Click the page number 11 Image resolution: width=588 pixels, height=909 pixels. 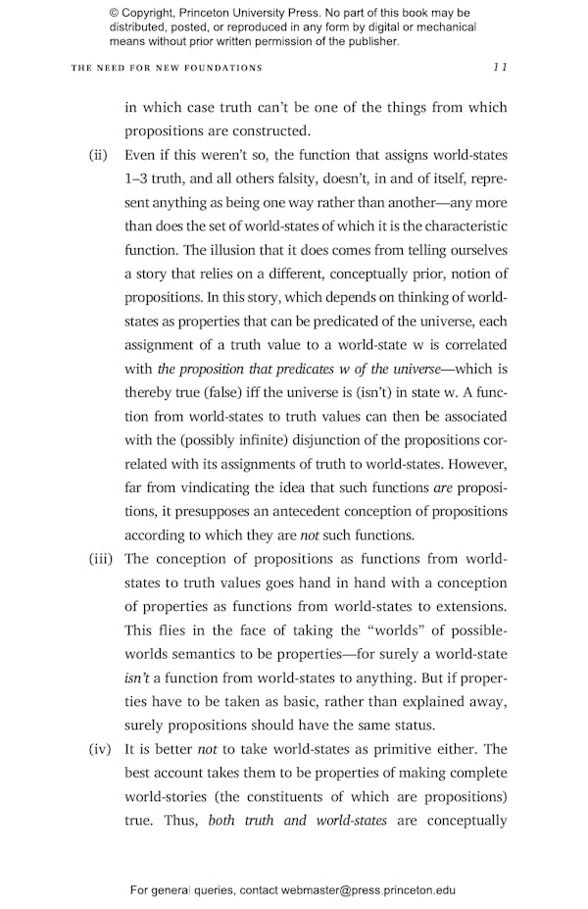click(500, 68)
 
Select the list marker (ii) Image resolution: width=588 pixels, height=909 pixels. click(98, 156)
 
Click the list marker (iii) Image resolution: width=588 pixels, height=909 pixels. click(100, 559)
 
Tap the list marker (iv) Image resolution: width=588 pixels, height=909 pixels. click(100, 749)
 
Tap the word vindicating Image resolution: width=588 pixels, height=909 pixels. click(227, 488)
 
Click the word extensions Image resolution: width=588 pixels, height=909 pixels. click(469, 607)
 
